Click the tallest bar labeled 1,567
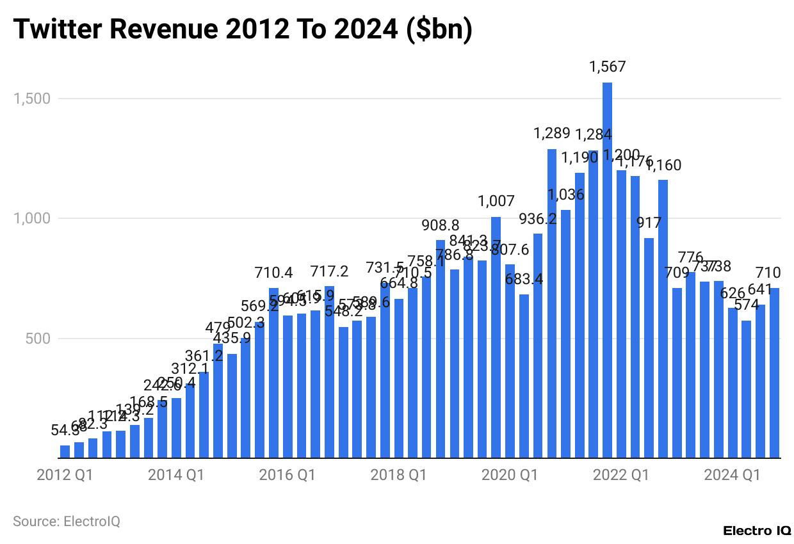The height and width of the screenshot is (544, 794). click(607, 269)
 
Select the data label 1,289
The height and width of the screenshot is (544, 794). click(551, 134)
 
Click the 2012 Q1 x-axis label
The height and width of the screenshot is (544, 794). click(65, 476)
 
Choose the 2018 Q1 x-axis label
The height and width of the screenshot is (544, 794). click(398, 476)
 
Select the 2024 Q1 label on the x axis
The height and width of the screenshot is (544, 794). click(732, 476)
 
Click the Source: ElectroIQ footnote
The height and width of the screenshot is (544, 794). click(67, 521)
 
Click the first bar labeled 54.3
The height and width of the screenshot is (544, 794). click(65, 452)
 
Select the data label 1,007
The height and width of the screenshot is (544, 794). click(496, 202)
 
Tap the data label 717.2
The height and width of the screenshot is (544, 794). click(329, 272)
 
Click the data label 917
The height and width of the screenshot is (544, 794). click(649, 223)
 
